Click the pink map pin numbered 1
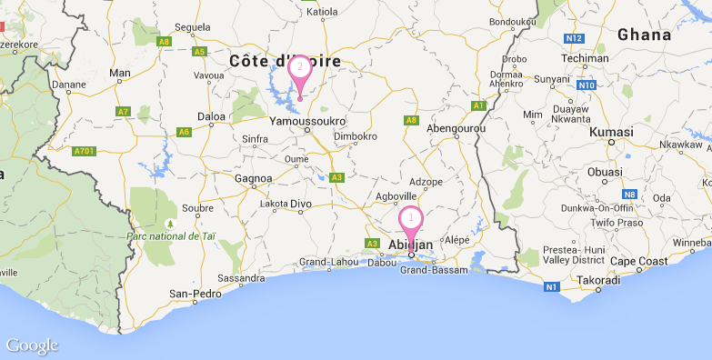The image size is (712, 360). (411, 220)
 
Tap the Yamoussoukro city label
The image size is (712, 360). (308, 119)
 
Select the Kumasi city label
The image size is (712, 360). (611, 132)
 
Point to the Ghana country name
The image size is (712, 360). (646, 35)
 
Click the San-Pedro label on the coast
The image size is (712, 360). (196, 294)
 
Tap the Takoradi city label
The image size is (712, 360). (598, 281)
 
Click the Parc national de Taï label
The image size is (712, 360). (176, 236)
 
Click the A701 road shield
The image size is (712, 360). (85, 151)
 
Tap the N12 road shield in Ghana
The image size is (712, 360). (573, 38)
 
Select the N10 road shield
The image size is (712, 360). (586, 85)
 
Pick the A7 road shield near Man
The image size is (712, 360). (123, 111)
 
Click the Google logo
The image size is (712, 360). (32, 345)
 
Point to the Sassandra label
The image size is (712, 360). (241, 277)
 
